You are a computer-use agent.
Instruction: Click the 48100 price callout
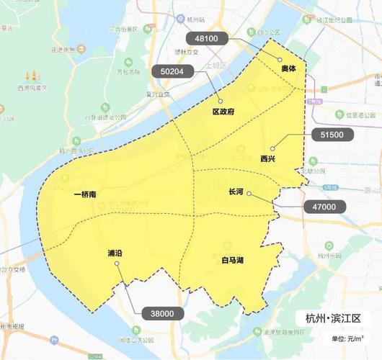207,37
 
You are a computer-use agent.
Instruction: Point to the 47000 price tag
324,207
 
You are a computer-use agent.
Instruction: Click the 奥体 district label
290,68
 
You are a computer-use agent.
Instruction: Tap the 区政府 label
223,112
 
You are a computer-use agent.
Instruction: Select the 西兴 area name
268,158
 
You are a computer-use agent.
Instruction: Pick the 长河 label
236,193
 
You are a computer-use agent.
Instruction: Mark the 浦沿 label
115,254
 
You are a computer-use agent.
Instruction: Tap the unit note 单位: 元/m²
347,338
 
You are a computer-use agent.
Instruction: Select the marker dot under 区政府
221,102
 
